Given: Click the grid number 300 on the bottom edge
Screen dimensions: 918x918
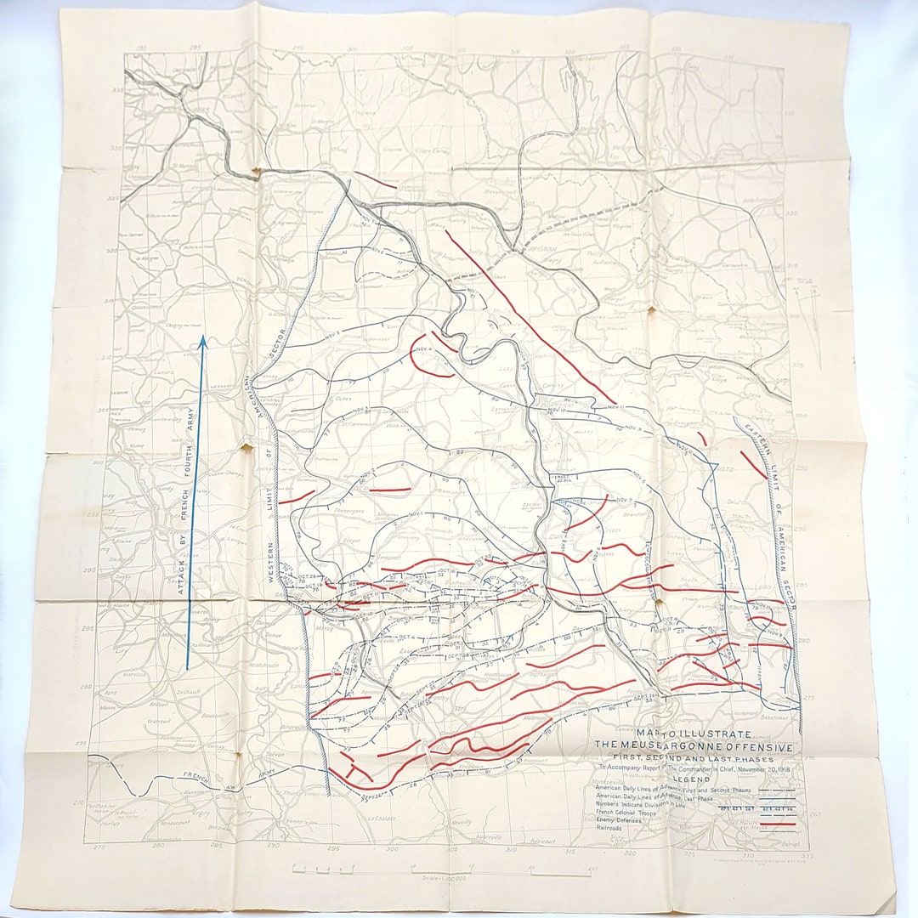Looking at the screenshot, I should pyautogui.click(x=392, y=848).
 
